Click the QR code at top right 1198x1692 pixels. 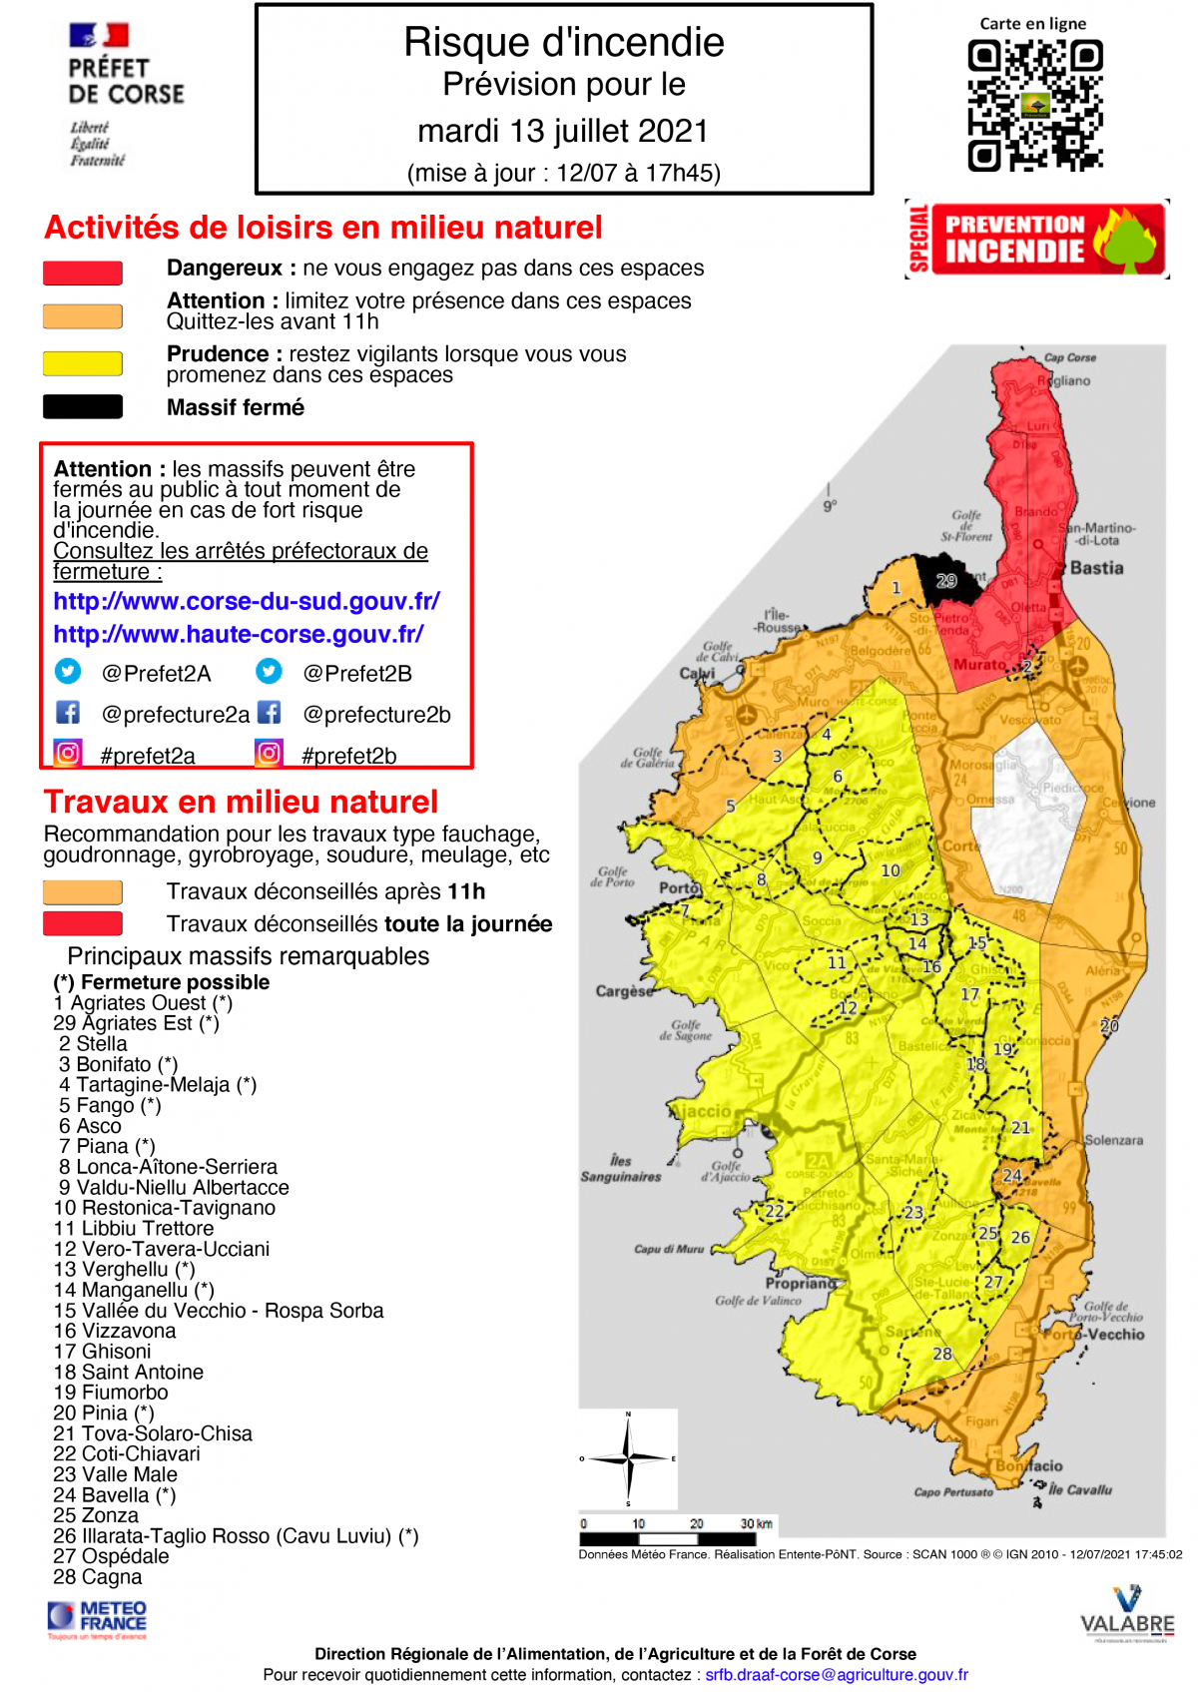point(1034,105)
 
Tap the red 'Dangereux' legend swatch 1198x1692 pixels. point(83,273)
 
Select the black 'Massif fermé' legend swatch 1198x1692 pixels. point(83,406)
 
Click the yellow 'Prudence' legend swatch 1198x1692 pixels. point(83,362)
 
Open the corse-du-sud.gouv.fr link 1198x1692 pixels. point(247,601)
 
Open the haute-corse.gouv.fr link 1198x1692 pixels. point(239,634)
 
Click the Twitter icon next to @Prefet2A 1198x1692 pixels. point(68,671)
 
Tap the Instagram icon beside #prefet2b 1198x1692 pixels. point(270,753)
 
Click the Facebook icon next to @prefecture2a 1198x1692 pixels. point(68,712)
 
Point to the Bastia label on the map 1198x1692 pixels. point(1096,568)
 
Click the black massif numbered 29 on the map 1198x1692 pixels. point(948,582)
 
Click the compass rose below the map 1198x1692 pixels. point(628,1458)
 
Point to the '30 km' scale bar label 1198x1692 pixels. point(757,1523)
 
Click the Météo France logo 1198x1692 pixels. point(98,1618)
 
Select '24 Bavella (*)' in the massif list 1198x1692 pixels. point(115,1494)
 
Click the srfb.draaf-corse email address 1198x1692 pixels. point(837,1674)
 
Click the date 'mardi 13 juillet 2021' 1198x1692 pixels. point(563,131)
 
